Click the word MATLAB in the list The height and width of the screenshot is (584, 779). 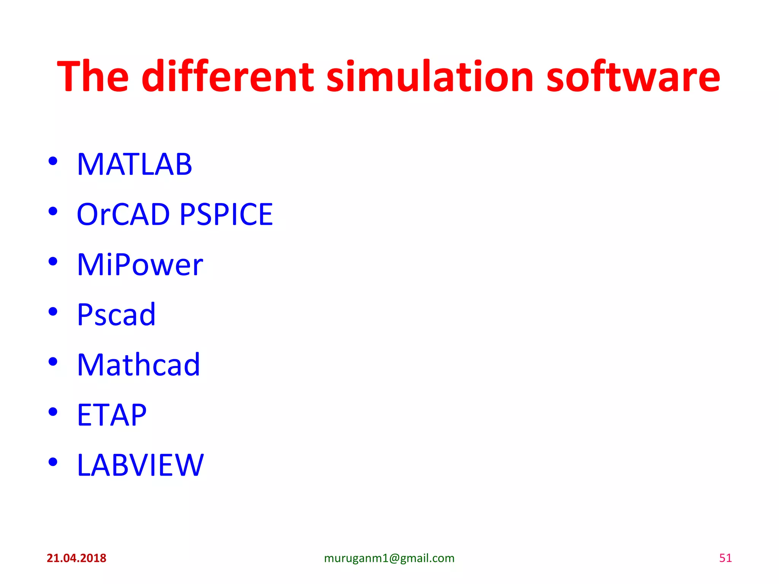[x=134, y=164]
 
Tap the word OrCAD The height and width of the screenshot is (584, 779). [x=123, y=214]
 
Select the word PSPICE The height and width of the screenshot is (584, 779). [x=226, y=214]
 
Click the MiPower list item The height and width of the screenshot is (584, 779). [x=140, y=265]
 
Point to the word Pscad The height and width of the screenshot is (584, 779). [x=116, y=315]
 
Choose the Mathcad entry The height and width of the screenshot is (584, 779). [x=138, y=365]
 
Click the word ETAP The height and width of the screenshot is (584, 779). [x=111, y=415]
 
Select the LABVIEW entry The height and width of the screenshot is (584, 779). [x=140, y=465]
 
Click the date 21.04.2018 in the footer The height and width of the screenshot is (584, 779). [x=76, y=558]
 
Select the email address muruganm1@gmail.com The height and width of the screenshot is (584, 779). [x=389, y=558]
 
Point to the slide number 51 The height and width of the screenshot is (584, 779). [x=725, y=558]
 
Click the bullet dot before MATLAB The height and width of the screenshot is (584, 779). [x=53, y=161]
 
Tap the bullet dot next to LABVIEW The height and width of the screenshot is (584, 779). [x=53, y=462]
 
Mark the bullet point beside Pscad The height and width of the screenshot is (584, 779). [x=53, y=311]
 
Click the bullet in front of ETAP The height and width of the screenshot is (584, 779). [x=53, y=412]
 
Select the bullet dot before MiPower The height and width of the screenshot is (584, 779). [x=53, y=261]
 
